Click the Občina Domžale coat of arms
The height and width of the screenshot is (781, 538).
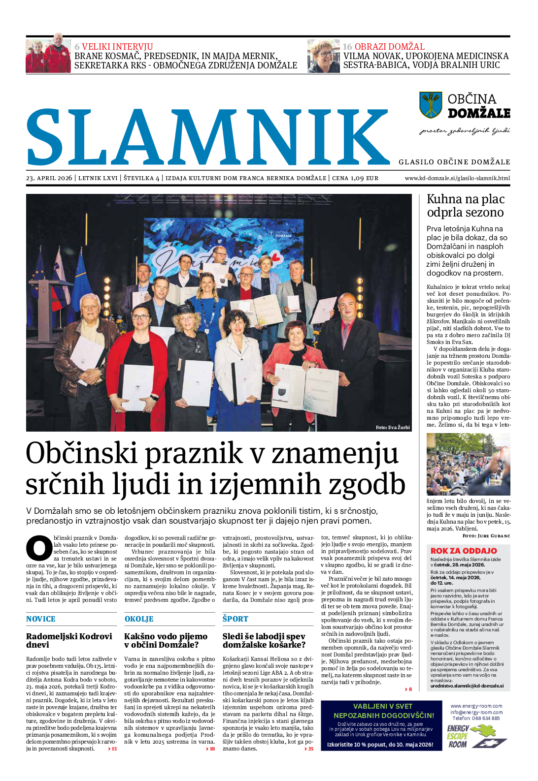[431, 105]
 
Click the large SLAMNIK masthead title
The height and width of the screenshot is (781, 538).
[207, 137]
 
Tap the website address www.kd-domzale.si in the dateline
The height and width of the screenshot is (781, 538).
[457, 178]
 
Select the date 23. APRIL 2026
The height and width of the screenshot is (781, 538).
[49, 178]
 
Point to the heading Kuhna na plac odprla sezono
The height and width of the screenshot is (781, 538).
[465, 206]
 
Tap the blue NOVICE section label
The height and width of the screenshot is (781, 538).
[41, 619]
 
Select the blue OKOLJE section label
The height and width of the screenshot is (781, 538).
[139, 619]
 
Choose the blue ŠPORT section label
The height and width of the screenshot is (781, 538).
[235, 619]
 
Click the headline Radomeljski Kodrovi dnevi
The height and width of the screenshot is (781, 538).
[69, 640]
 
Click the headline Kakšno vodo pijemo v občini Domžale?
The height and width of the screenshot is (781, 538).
[166, 640]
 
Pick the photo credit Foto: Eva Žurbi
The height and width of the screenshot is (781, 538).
[392, 427]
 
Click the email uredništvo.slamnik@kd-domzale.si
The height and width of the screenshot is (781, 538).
[467, 686]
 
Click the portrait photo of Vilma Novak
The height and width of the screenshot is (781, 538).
[323, 56]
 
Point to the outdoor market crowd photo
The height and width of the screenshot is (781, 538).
[468, 464]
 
